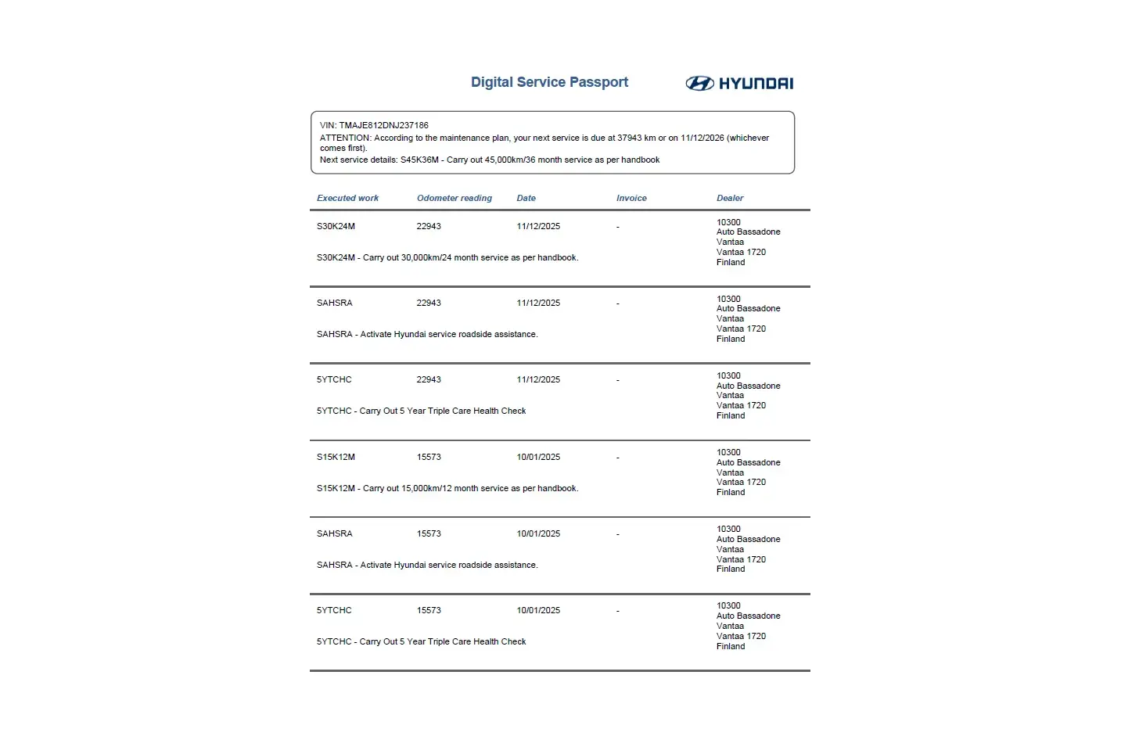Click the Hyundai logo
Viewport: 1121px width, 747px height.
pos(739,84)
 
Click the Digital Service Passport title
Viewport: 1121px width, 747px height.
pos(549,82)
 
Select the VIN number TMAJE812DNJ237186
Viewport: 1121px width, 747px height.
pos(383,125)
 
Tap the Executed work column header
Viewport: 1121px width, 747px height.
pos(347,199)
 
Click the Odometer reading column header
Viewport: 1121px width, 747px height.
pos(454,199)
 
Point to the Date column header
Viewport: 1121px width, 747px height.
pos(526,199)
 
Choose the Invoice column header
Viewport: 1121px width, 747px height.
pos(631,199)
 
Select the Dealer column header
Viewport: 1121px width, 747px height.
pos(730,199)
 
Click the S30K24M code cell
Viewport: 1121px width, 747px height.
pos(336,227)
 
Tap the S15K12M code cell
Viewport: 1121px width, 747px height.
pos(336,458)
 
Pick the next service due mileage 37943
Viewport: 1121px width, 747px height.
pos(629,138)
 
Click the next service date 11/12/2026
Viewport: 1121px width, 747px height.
pos(702,138)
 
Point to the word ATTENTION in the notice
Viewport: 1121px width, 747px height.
pos(345,138)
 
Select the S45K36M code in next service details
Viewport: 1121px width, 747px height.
pos(419,160)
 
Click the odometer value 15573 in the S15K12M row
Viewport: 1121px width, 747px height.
pos(429,458)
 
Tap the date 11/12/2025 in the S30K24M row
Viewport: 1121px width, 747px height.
pos(538,227)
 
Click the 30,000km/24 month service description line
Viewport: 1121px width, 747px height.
pos(447,258)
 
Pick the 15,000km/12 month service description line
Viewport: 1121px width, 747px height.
pos(447,489)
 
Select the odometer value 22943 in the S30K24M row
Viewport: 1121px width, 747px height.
pos(429,227)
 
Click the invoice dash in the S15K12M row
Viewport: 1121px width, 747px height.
pos(618,458)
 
